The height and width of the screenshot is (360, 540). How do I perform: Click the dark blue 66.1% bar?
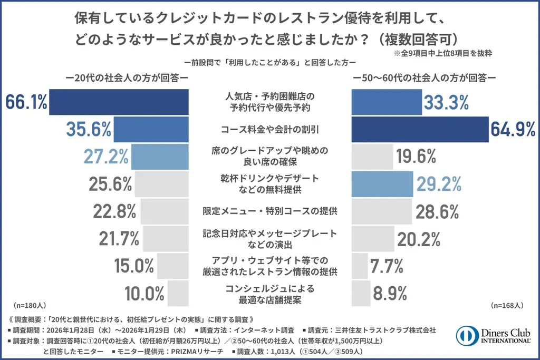coord(119,102)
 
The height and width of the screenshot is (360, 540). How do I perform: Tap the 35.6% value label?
coord(89,129)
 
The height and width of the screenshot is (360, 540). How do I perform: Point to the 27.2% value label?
coord(106,157)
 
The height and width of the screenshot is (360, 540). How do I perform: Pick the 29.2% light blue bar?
coord(382,184)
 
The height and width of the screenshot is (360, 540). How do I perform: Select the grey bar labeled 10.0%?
coord(178,293)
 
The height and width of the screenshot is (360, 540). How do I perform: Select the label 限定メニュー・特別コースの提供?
coord(269,211)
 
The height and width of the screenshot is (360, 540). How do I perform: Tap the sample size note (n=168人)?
coord(507,305)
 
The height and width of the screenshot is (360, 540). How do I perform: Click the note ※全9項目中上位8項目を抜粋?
coord(443,53)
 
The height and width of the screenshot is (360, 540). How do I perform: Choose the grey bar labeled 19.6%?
coord(372,157)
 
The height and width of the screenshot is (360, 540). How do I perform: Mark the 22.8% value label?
coord(114,211)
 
